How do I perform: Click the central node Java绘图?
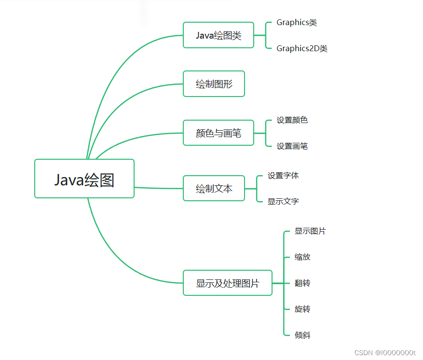[x=84, y=179]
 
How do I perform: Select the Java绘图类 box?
[x=218, y=35]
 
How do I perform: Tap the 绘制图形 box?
[x=214, y=84]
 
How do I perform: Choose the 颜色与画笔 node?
[x=218, y=133]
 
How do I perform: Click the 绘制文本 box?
[x=214, y=188]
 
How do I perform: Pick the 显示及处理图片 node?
[x=227, y=283]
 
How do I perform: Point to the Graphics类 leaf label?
[x=296, y=23]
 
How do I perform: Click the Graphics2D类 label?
[x=301, y=48]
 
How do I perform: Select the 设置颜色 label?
[x=292, y=120]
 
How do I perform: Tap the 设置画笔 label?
[x=292, y=146]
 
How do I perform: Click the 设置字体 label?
[x=283, y=176]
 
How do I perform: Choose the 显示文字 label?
[x=283, y=201]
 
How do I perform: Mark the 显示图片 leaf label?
[x=310, y=231]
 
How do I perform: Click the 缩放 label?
[x=302, y=257]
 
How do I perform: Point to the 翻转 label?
[x=302, y=283]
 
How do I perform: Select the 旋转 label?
[x=302, y=309]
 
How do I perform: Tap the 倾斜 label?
[x=302, y=335]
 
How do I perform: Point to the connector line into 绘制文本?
[x=159, y=188]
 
